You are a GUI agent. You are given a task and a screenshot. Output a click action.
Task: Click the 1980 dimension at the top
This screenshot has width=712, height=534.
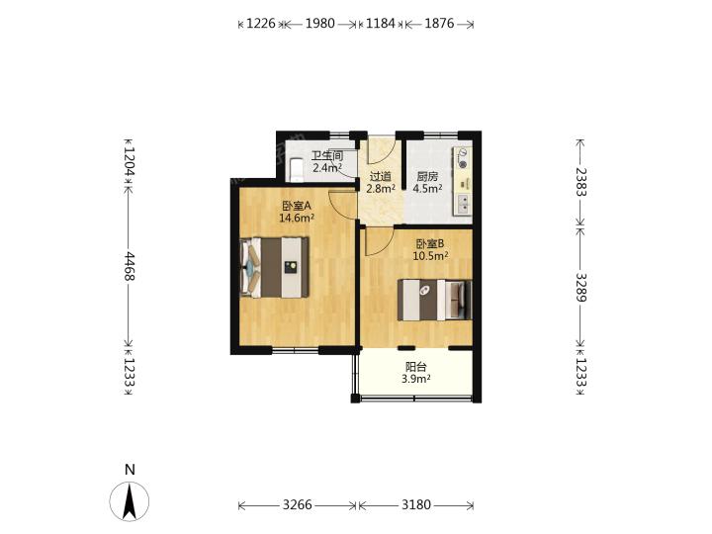click(319, 23)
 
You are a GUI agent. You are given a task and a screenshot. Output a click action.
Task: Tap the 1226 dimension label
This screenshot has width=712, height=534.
click(261, 23)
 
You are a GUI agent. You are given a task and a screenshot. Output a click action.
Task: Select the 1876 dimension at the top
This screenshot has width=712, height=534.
click(439, 23)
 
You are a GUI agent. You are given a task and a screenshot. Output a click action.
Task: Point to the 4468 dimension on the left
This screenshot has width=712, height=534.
click(130, 266)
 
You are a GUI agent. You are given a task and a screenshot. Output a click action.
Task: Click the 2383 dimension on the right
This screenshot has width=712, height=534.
click(581, 182)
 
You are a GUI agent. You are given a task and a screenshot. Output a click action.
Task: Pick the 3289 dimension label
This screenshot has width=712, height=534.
click(581, 288)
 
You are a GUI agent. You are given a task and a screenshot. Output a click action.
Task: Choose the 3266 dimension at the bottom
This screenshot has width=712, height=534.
click(298, 504)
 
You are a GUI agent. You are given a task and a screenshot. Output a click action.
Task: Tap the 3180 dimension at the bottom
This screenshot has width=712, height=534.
click(416, 504)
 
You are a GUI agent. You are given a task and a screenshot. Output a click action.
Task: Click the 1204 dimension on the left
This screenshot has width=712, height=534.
click(130, 162)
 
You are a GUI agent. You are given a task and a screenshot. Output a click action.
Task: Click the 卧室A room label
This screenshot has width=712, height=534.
click(297, 206)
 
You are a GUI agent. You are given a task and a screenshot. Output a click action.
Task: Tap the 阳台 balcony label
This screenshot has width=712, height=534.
click(416, 367)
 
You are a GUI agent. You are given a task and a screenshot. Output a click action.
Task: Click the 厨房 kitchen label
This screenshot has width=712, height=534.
click(427, 176)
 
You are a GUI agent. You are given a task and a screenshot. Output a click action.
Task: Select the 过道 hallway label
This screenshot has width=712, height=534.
click(381, 176)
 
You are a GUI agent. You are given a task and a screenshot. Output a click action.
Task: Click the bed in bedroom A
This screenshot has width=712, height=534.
click(274, 267)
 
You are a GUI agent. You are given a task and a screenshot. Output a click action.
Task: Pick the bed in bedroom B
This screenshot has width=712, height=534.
click(434, 300)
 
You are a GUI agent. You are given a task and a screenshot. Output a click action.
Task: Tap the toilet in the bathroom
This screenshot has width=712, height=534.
click(297, 170)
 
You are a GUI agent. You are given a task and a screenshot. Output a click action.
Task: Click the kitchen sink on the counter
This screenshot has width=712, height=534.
click(464, 205)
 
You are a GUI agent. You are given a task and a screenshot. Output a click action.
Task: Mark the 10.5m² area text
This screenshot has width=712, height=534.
click(430, 256)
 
